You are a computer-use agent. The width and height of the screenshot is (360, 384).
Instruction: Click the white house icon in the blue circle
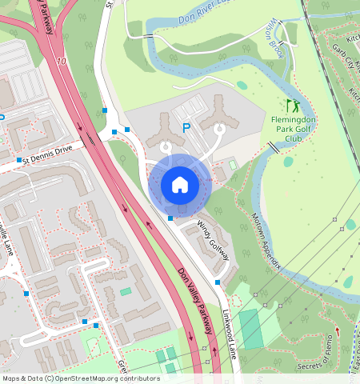180,185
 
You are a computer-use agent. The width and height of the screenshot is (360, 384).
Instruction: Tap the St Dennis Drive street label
47,153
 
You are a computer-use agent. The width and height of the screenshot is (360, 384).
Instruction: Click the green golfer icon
293,105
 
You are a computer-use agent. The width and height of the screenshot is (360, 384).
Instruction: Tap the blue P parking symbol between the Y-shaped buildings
186,127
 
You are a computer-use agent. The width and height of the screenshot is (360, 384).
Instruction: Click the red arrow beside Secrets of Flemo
337,331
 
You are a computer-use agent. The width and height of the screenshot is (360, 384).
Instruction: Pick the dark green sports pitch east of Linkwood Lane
250,328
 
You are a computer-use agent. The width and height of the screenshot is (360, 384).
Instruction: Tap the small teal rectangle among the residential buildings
126,292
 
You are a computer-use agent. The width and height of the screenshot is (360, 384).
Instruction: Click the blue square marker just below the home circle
170,218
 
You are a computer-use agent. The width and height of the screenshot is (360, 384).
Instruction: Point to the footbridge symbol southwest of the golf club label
274,148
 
